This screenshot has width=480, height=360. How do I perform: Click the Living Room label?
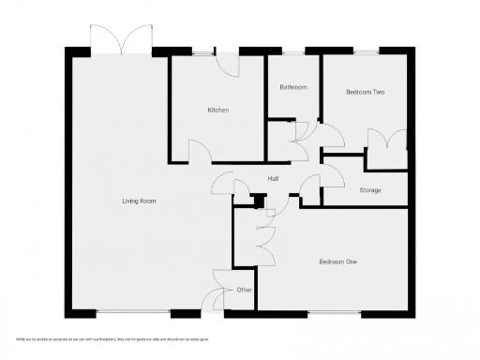coord(139,202)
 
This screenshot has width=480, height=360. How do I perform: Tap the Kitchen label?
coord(218,111)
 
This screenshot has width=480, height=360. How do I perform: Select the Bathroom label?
coord(292,87)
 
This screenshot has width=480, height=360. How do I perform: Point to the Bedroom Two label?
coord(365,92)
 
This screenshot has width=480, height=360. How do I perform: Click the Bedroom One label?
coord(337,262)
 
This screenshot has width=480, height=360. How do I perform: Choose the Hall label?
coord(274,178)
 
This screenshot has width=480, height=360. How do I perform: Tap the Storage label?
coord(369,190)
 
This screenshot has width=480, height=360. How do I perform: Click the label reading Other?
coord(244,290)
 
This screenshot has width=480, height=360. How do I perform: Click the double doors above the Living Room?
coord(122,41)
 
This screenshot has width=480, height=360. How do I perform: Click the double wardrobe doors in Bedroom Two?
coord(386,145)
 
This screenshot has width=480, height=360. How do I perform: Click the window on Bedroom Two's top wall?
coord(364,51)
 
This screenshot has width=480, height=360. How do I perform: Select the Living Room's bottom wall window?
coord(132,312)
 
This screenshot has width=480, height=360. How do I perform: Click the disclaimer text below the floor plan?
coord(112,338)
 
